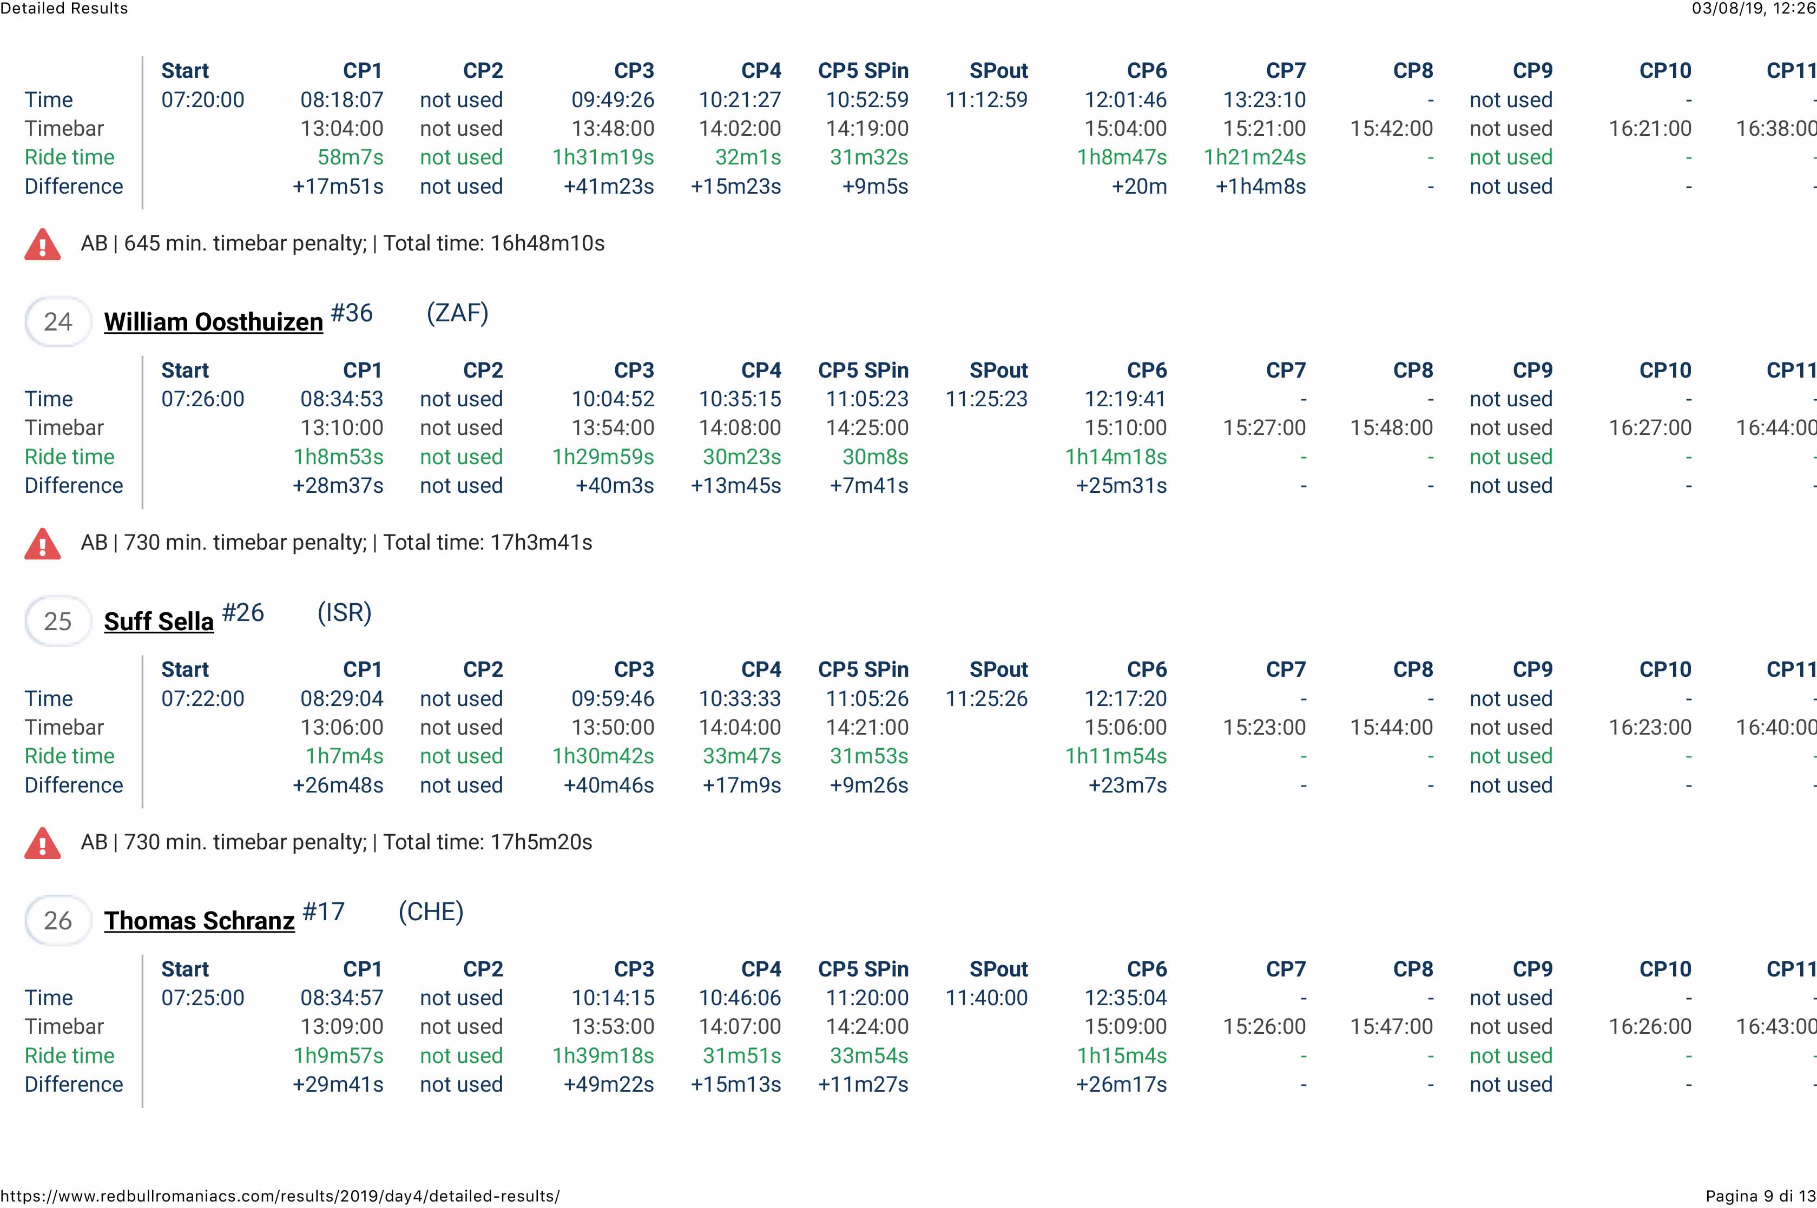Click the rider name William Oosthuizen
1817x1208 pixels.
coord(213,321)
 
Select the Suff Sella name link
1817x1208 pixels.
coord(159,621)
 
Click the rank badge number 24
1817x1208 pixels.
coord(58,321)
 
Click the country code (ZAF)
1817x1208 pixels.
coord(457,313)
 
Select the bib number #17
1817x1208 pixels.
coord(324,912)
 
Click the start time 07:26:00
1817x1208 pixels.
coord(203,399)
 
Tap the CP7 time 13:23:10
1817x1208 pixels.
coord(1264,100)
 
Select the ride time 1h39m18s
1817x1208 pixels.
coord(603,1055)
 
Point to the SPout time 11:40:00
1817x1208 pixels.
coord(986,998)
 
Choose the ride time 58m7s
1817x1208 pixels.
coord(350,157)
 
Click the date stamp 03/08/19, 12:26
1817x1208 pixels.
coord(1754,9)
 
